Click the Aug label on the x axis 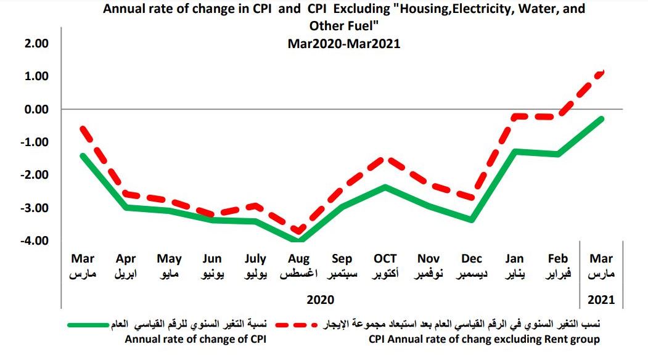tap(298, 259)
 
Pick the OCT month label tap(385, 259)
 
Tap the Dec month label tap(472, 259)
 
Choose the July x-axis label tap(255, 259)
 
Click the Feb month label tap(558, 259)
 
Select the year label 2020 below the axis tap(320, 300)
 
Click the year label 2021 tap(601, 300)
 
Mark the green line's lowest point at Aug tap(299, 240)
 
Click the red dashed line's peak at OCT tap(385, 158)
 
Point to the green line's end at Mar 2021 tap(601, 118)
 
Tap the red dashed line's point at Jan tap(515, 116)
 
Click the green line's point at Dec tap(472, 220)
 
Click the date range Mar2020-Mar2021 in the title tap(343, 44)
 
